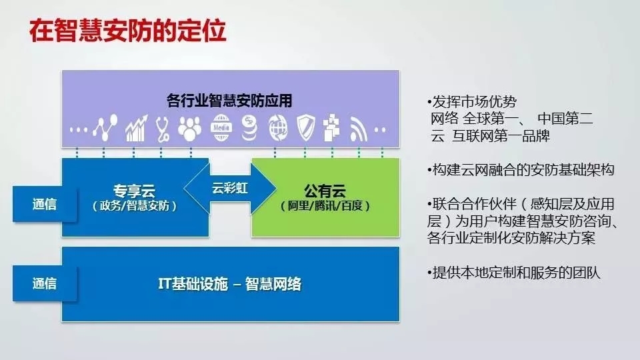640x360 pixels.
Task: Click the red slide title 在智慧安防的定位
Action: [127, 31]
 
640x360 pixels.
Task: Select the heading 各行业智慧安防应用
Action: [229, 101]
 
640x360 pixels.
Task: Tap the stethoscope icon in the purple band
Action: [163, 129]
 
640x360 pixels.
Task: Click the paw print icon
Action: [190, 129]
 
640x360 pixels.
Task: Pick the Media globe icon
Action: [221, 128]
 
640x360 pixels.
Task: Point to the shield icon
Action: [306, 128]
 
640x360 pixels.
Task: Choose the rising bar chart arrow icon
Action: [136, 129]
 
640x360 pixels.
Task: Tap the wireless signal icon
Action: [359, 130]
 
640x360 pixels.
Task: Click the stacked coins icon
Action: [249, 128]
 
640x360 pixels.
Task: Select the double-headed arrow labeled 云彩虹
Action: [230, 188]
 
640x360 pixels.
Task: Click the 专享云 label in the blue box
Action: [134, 191]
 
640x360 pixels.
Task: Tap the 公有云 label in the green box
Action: [325, 191]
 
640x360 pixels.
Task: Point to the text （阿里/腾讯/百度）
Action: [325, 206]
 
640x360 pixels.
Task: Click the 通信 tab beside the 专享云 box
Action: [45, 204]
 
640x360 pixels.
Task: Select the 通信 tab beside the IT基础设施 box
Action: [45, 283]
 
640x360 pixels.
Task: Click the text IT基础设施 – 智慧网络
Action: [229, 284]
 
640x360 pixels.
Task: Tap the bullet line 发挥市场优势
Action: [472, 101]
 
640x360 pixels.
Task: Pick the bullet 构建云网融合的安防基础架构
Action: [521, 169]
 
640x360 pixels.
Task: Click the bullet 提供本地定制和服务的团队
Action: [514, 273]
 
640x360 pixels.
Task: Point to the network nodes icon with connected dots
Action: [105, 128]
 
